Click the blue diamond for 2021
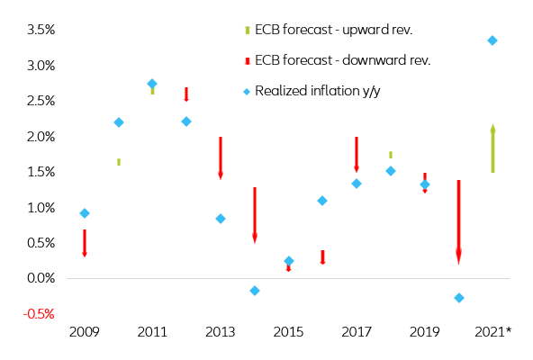[492, 40]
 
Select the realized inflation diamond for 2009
[84, 213]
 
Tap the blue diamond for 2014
[255, 291]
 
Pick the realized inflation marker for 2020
[459, 298]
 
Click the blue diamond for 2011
[152, 84]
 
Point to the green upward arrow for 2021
[492, 149]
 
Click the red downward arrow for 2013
[221, 158]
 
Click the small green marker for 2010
[118, 162]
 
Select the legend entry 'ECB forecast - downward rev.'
[342, 60]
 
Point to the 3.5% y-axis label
[39, 30]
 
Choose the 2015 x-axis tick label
[289, 333]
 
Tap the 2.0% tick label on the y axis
[39, 136]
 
